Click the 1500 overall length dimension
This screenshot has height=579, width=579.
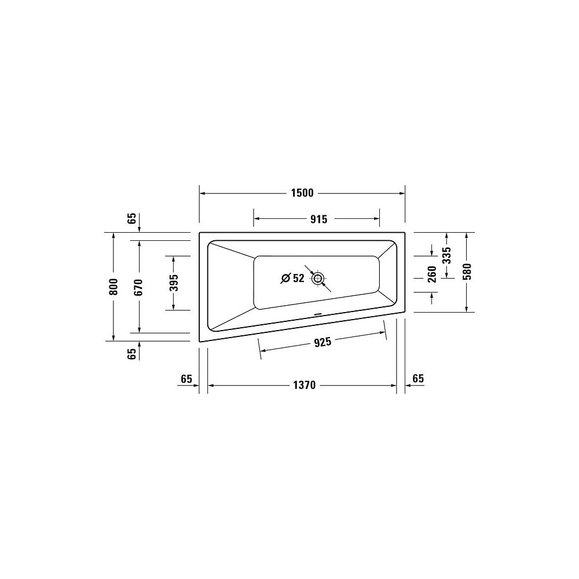coord(302,193)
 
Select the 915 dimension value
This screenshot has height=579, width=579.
coord(318,219)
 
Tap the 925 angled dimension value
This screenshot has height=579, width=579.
coord(323,342)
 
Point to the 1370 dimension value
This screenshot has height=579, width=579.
coord(305,386)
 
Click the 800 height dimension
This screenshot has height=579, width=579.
coord(113,287)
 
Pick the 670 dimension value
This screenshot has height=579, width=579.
coord(139,287)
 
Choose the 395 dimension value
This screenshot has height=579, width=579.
coord(174,283)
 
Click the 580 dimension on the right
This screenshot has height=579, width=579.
coord(467,272)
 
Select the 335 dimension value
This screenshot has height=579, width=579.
coord(447,255)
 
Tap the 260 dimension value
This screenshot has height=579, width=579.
coord(432,274)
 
